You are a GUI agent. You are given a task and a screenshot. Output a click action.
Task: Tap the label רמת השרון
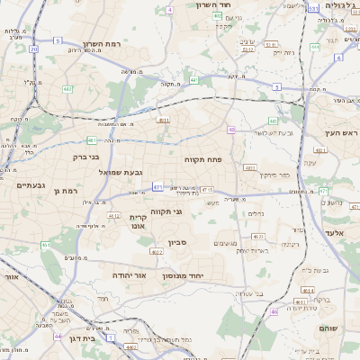coord(101,44)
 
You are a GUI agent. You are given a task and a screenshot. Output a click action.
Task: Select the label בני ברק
coord(86,157)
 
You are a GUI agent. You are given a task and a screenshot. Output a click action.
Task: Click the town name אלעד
coord(334,232)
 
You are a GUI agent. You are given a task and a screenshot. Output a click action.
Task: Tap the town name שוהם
coord(328,328)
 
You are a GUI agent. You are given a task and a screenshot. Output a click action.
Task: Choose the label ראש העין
coord(342,133)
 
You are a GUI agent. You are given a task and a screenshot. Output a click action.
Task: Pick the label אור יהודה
coord(129,274)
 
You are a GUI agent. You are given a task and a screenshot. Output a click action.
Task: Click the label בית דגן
coord(81,339)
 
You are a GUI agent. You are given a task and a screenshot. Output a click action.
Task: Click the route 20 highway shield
coord(34,49)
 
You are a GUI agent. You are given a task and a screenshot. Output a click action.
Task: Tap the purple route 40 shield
coord(231,130)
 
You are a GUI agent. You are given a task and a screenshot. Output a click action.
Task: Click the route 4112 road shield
coord(114,216)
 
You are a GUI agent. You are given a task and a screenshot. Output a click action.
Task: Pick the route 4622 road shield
coord(157,252)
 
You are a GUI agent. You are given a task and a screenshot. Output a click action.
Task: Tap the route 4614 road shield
coord(308,291)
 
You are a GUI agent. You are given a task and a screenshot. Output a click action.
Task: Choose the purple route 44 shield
coord(58,336)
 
